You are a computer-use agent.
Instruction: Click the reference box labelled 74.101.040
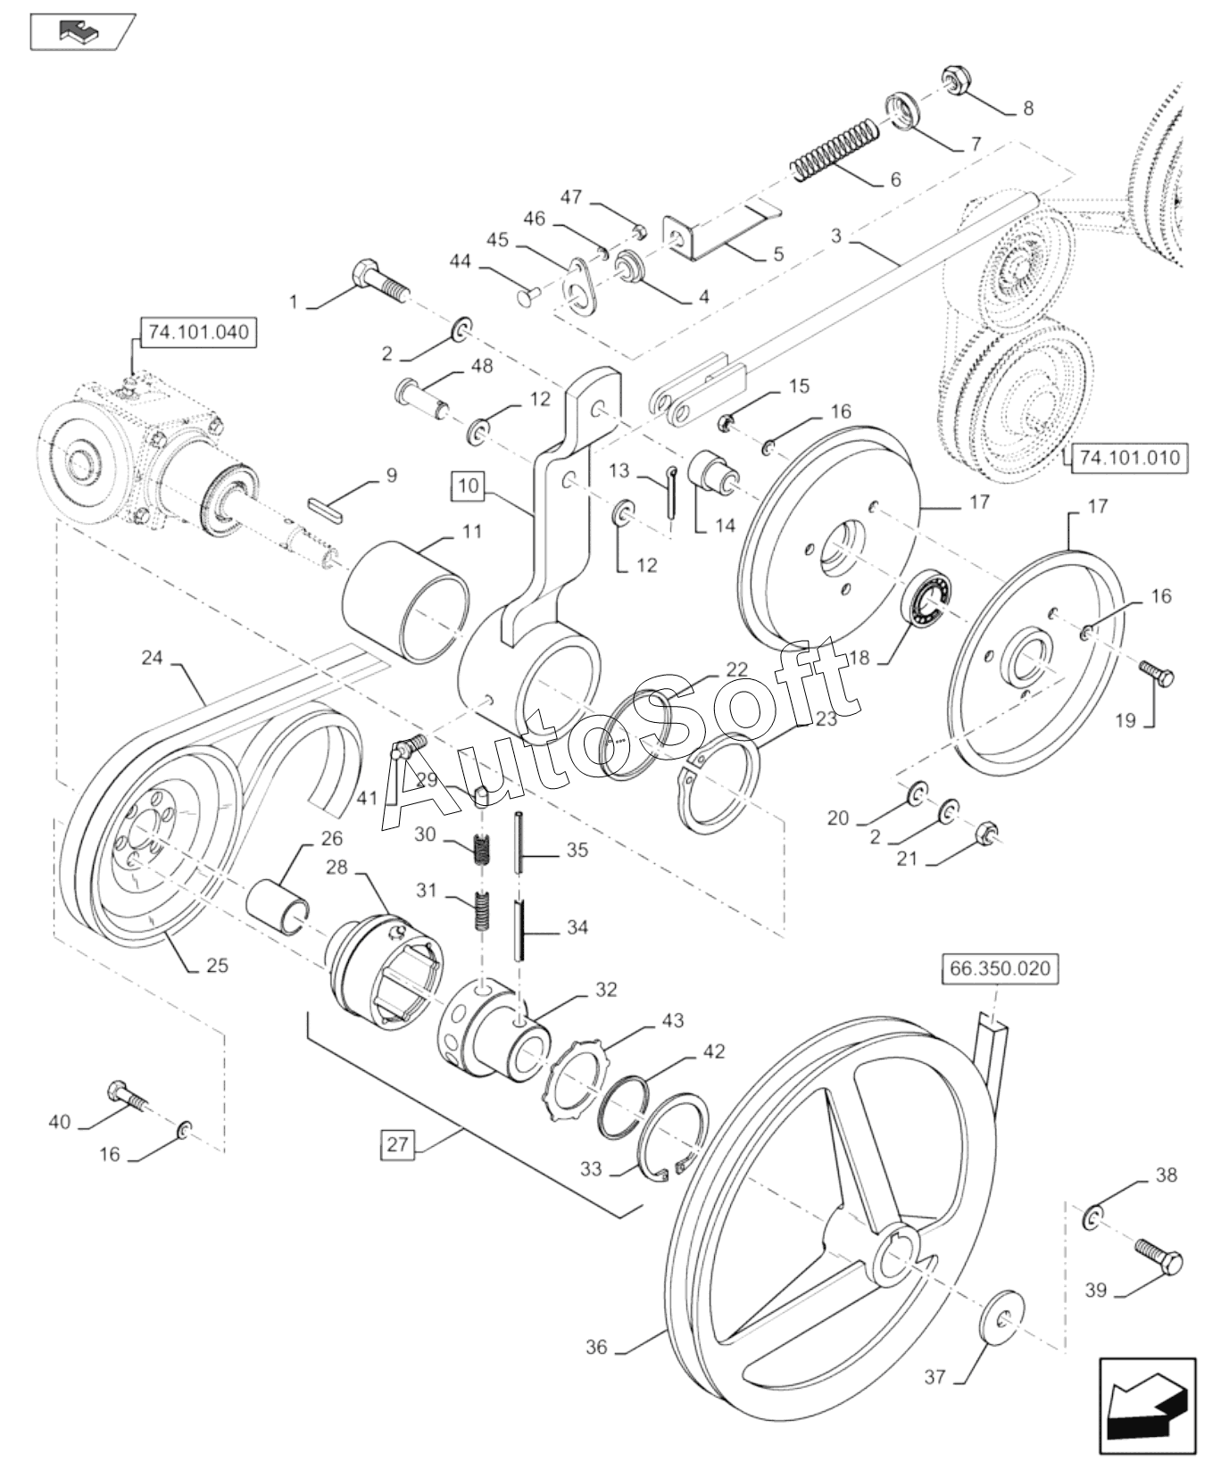[198, 333]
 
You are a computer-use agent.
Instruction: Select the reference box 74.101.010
[1129, 458]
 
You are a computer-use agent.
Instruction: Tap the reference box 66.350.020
[1000, 968]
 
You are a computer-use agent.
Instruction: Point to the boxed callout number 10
[469, 486]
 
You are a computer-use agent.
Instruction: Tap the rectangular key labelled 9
[326, 506]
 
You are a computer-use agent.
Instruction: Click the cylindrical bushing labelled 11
[406, 600]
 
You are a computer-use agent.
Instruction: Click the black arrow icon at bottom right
[1146, 1411]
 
